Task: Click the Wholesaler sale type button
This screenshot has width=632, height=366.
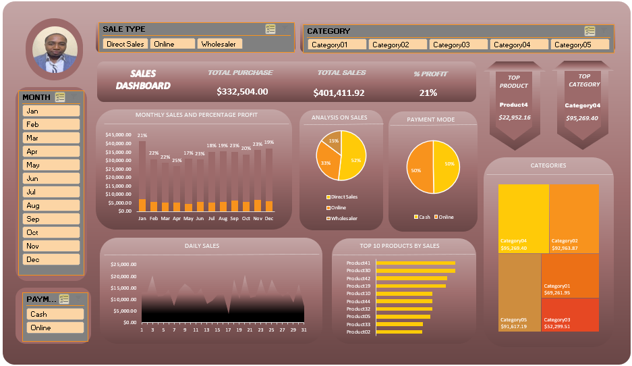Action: point(219,44)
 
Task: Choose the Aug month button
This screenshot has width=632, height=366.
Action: point(51,205)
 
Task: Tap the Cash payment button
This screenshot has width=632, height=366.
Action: point(55,314)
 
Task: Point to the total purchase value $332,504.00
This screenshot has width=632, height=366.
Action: point(242,91)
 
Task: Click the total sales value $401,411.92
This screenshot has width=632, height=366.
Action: point(339,93)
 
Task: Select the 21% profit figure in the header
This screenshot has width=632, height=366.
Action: point(428,93)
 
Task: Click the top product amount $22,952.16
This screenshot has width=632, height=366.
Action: point(515,117)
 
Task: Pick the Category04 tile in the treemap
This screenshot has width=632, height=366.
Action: point(523,217)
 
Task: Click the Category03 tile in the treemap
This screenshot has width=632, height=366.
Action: point(570,315)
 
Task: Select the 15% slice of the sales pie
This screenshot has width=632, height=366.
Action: point(333,140)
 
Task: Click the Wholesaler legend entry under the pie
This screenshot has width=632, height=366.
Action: point(343,218)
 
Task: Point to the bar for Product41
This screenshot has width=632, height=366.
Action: point(415,263)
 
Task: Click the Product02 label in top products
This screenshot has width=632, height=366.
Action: point(358,332)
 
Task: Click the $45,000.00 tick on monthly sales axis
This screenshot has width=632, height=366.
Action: point(119,134)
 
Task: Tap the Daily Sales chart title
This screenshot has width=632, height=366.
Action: point(202,246)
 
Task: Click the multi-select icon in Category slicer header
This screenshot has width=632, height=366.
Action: point(590,31)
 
